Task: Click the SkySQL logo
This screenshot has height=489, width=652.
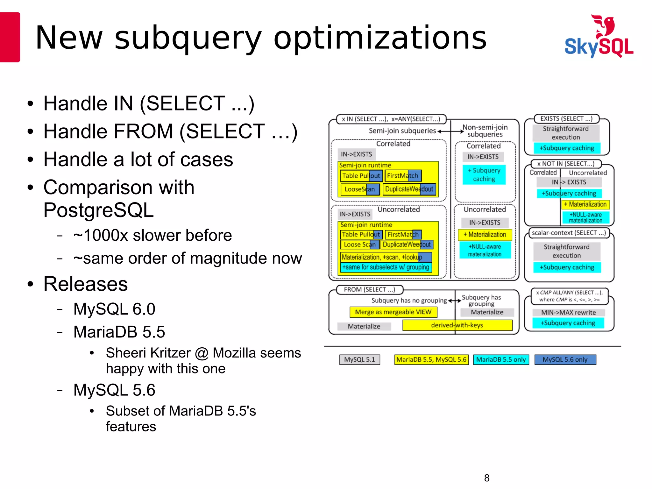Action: [x=599, y=37]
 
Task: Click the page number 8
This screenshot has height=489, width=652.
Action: [x=487, y=478]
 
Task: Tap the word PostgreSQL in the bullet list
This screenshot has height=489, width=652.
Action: [x=99, y=210]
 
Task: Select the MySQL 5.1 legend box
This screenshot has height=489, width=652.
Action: [x=360, y=360]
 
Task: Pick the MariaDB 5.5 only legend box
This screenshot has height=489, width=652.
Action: [x=501, y=360]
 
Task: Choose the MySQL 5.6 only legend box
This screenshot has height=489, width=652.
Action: [x=565, y=360]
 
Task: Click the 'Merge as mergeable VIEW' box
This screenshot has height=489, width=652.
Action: [x=393, y=312]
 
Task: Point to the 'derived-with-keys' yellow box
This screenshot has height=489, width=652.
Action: [x=457, y=325]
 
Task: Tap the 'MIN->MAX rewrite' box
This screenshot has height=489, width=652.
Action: [x=569, y=313]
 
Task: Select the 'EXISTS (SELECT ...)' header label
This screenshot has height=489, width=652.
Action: [x=566, y=119]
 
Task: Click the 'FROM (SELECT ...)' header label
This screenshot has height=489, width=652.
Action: [x=370, y=290]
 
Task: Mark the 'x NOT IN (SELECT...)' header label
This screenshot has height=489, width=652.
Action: [x=566, y=164]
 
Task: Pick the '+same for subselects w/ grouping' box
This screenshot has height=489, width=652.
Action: [x=386, y=267]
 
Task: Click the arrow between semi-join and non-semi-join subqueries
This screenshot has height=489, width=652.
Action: [x=450, y=131]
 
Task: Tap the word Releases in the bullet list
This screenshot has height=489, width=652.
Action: [x=86, y=284]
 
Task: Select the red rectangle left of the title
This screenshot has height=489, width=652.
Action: [x=10, y=37]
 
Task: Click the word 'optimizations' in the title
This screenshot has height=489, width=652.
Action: [x=380, y=38]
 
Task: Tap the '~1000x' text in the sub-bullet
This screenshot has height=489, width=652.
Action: [x=101, y=236]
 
